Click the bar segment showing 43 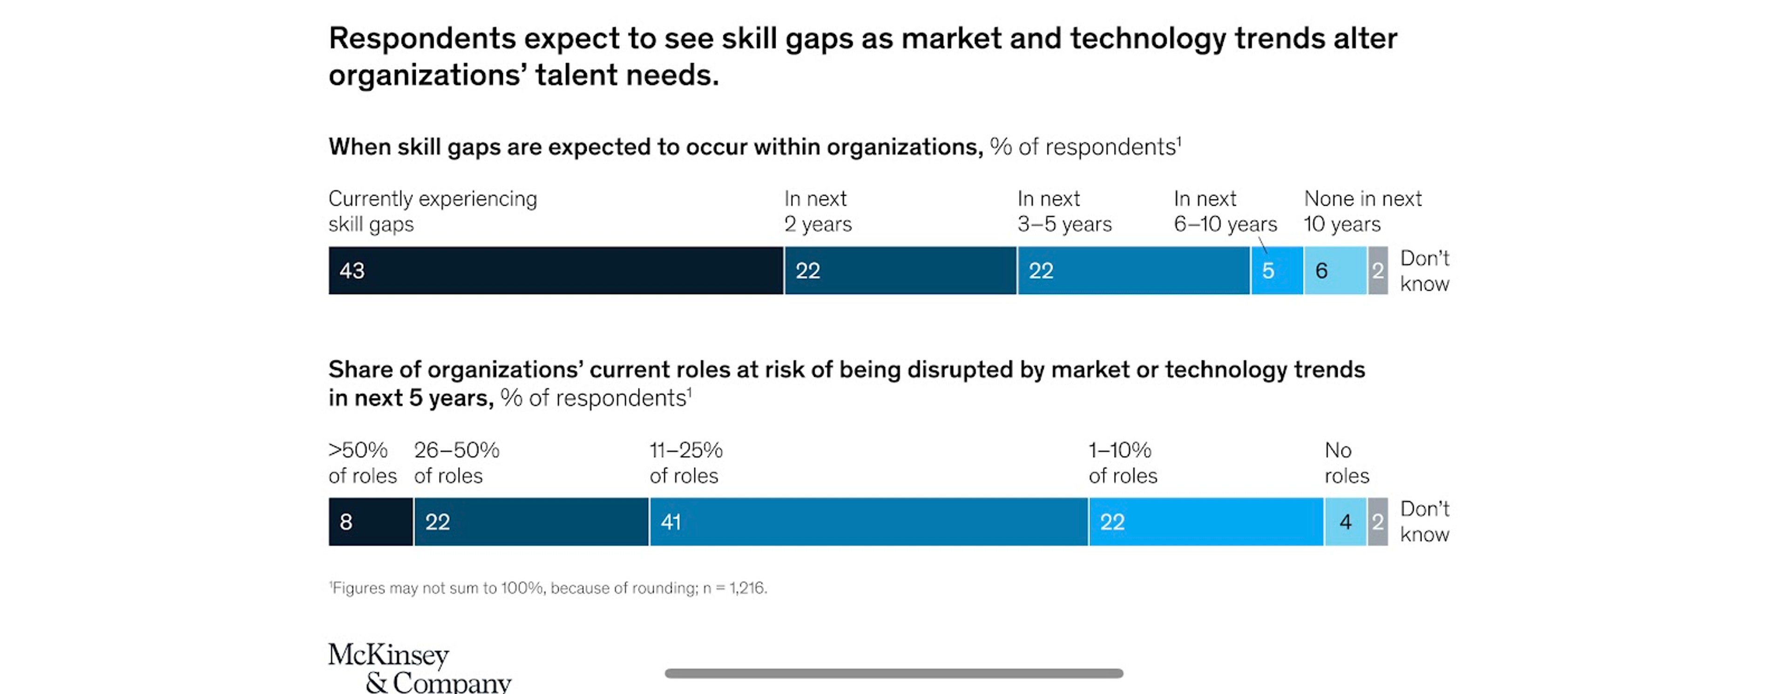pyautogui.click(x=556, y=271)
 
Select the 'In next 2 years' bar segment pyautogui.click(x=900, y=271)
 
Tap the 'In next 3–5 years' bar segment pyautogui.click(x=1133, y=271)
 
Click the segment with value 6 pyautogui.click(x=1335, y=271)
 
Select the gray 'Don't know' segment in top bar pyautogui.click(x=1378, y=271)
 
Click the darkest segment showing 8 pyautogui.click(x=371, y=522)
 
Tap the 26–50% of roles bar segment pyautogui.click(x=531, y=522)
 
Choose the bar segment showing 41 pyautogui.click(x=869, y=522)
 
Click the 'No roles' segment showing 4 pyautogui.click(x=1346, y=522)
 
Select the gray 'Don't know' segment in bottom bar pyautogui.click(x=1378, y=522)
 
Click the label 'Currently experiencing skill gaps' pyautogui.click(x=433, y=211)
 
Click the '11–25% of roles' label pyautogui.click(x=686, y=463)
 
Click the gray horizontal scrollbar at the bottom pyautogui.click(x=894, y=673)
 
